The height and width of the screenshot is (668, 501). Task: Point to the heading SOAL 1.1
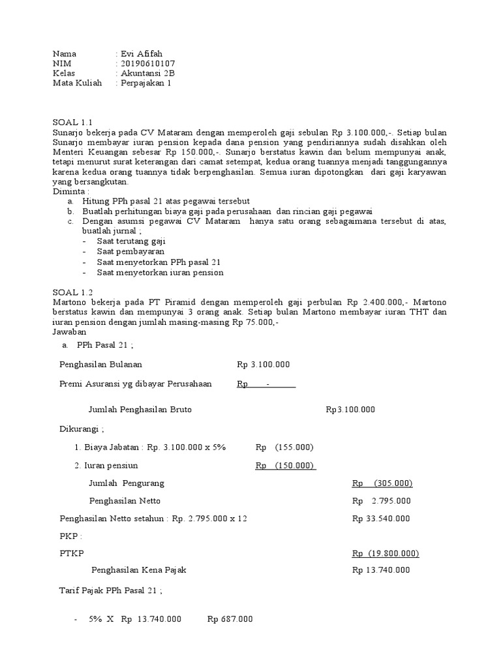73,123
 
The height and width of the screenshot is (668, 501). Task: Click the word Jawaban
69,332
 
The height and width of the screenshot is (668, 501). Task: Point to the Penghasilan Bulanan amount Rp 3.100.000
263,365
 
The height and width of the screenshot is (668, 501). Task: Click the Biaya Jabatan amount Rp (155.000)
284,447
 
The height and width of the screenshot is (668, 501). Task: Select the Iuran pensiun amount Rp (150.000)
285,465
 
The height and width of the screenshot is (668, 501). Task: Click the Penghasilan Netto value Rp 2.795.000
382,501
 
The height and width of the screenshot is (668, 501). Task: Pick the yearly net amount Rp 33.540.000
381,519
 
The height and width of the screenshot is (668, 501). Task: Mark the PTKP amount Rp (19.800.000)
385,553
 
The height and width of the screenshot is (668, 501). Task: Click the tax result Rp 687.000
230,619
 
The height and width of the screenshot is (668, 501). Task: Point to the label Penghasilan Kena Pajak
139,569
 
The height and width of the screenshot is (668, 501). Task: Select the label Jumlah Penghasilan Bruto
140,410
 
